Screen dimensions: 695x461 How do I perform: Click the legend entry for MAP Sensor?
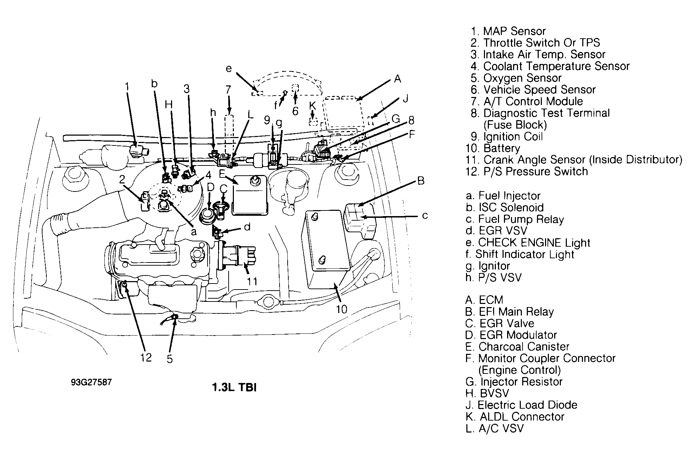click(508, 31)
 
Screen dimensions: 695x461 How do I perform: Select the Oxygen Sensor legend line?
click(516, 78)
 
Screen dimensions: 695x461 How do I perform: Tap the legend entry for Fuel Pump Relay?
click(514, 219)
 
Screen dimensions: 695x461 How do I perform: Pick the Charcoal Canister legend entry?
click(517, 347)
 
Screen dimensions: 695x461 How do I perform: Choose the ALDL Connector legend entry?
click(515, 417)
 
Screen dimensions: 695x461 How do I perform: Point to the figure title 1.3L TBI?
click(234, 388)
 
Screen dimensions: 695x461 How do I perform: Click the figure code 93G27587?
click(91, 382)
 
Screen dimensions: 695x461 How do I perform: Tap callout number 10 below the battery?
click(341, 309)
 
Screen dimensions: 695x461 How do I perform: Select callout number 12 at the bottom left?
click(146, 358)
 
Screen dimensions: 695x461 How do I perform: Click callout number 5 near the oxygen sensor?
click(170, 359)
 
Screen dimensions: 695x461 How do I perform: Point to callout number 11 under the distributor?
click(252, 281)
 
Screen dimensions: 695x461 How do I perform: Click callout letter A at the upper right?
click(397, 79)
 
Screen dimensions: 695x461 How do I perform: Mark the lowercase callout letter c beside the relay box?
click(425, 215)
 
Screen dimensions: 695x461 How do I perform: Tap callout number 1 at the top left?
click(127, 86)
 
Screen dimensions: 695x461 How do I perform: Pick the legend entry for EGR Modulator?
click(511, 335)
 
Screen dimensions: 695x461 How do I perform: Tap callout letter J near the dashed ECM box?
click(406, 99)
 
